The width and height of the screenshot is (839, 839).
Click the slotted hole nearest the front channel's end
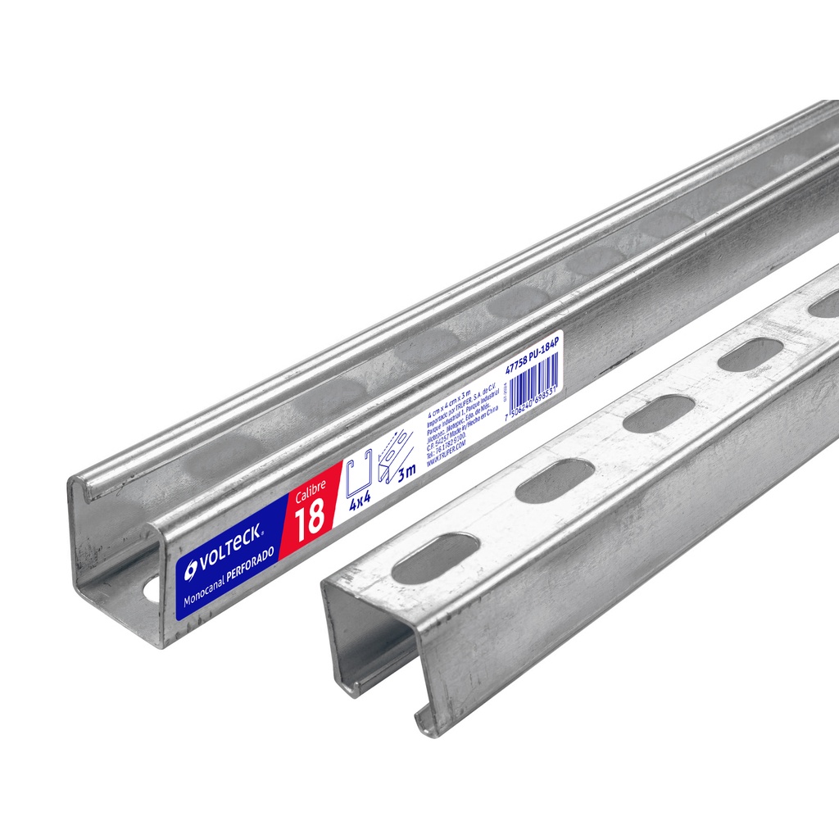434,559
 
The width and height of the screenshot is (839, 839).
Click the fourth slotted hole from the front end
749,355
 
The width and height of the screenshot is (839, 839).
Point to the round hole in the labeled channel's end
152,588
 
